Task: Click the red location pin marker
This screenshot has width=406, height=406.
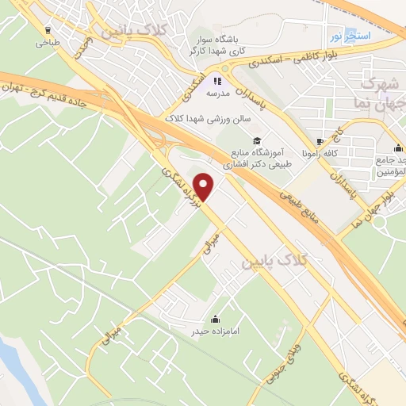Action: pos(205,187)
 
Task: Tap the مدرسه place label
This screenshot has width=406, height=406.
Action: pos(217,93)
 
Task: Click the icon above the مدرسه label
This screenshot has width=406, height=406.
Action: pos(217,80)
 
